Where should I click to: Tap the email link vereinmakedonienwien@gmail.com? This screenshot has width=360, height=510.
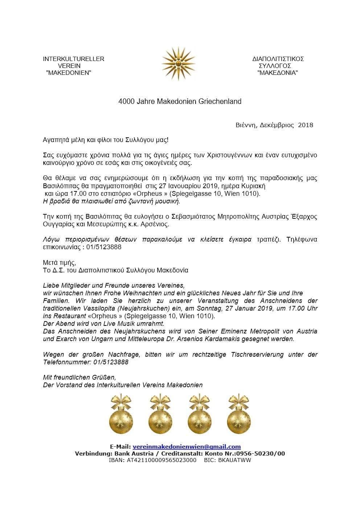point(187,447)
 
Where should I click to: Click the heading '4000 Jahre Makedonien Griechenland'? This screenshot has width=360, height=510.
point(180,101)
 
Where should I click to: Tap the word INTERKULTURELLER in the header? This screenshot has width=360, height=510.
point(73,59)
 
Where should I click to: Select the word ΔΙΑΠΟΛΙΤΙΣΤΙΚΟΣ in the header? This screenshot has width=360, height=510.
point(278,59)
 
